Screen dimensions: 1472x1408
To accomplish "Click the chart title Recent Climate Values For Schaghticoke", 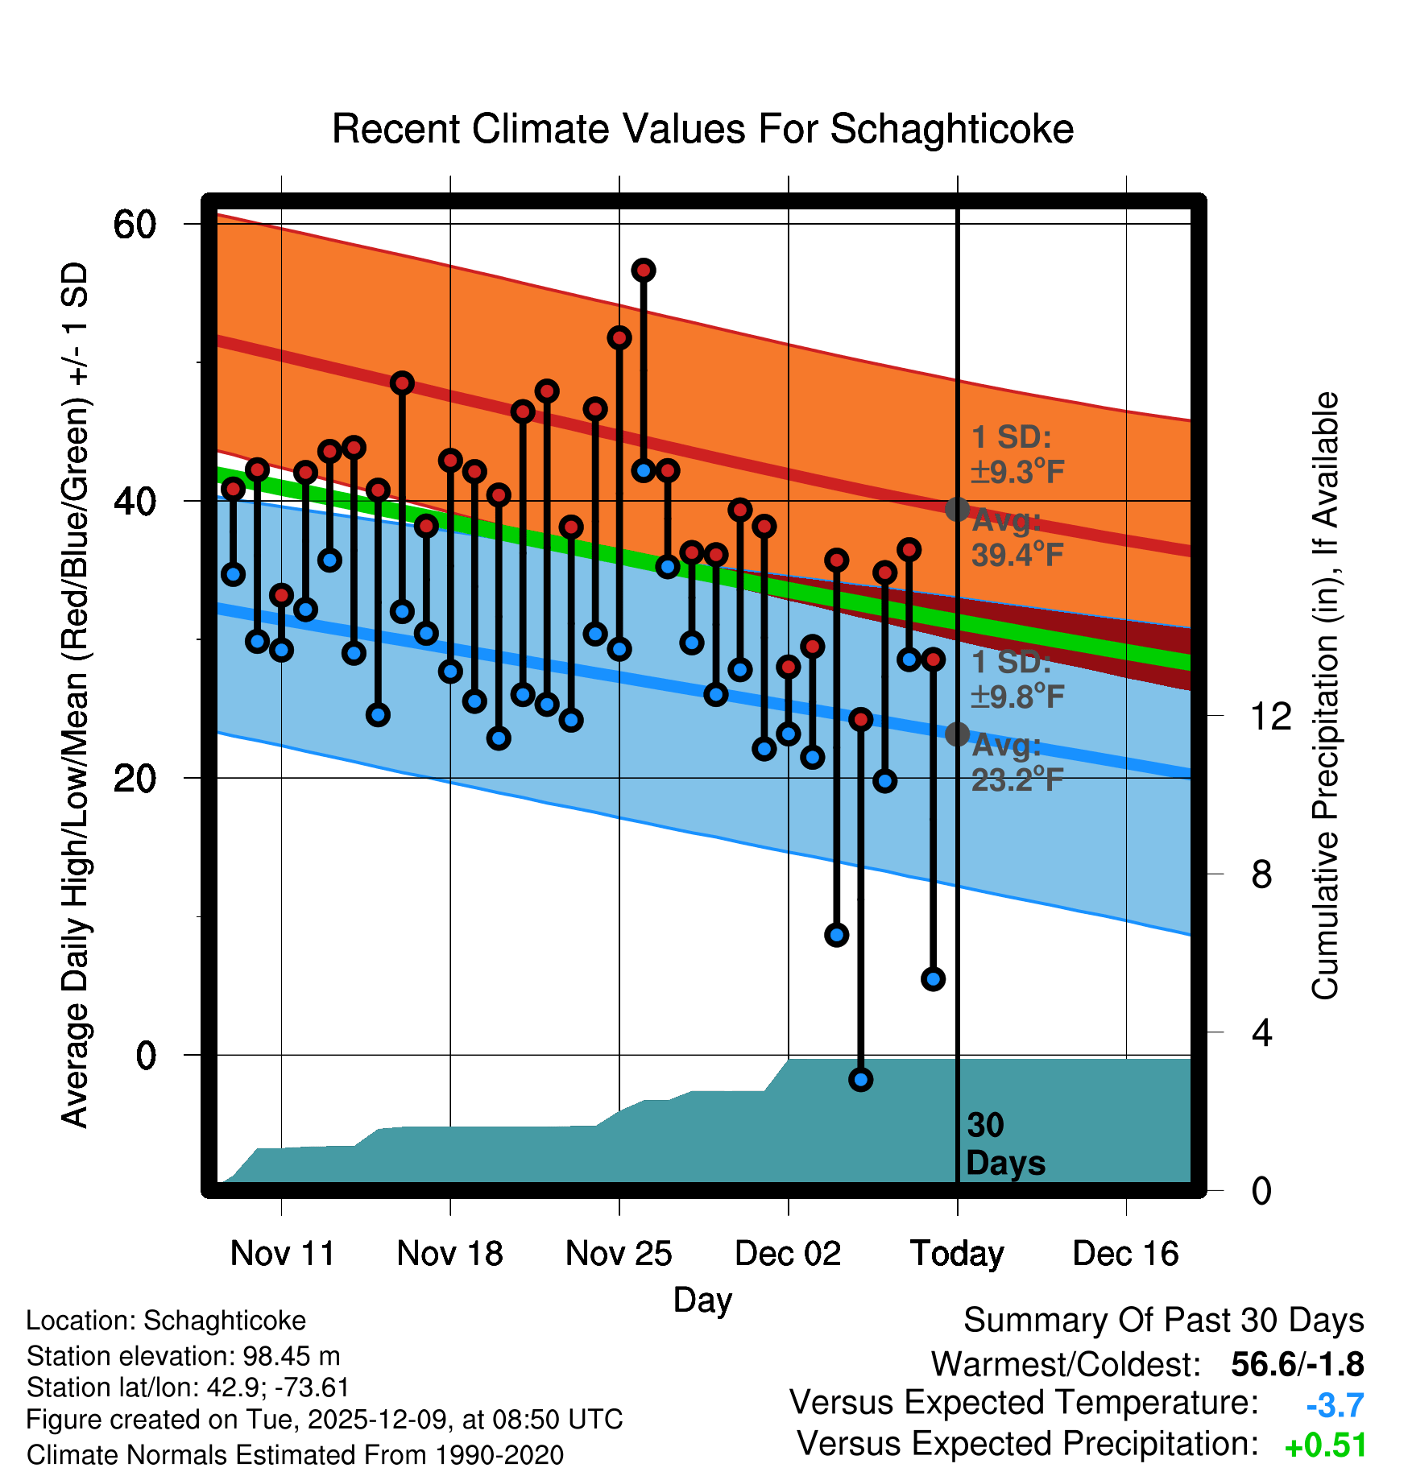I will (x=702, y=129).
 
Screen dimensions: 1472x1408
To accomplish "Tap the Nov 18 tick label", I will (x=449, y=1254).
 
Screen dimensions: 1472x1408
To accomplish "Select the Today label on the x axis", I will (x=957, y=1254).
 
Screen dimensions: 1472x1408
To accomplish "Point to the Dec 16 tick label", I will (x=1125, y=1254).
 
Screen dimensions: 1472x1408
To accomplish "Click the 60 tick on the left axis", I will (x=135, y=224).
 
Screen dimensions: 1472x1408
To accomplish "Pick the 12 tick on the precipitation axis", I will (x=1271, y=716).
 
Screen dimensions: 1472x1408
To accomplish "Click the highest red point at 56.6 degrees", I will (x=643, y=271).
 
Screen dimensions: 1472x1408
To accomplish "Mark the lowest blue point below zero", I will (x=860, y=1080).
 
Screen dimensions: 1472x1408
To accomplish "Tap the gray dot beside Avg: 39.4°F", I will (x=957, y=509).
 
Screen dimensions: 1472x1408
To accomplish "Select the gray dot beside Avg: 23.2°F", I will (x=957, y=734).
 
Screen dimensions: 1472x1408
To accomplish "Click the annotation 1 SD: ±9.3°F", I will (x=1017, y=455).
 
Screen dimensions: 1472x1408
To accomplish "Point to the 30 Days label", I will (x=1004, y=1144).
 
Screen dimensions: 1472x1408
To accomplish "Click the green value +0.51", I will (x=1325, y=1445).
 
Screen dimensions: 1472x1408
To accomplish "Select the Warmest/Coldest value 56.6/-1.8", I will (x=1297, y=1364).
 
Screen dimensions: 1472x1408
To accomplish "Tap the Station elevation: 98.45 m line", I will (x=183, y=1356).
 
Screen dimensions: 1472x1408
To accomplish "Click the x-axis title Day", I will (x=702, y=1300).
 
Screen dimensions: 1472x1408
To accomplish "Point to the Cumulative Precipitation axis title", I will (x=1325, y=697).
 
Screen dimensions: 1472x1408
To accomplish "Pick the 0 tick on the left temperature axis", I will (x=146, y=1055).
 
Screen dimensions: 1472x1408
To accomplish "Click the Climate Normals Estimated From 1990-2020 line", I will (x=295, y=1455).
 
